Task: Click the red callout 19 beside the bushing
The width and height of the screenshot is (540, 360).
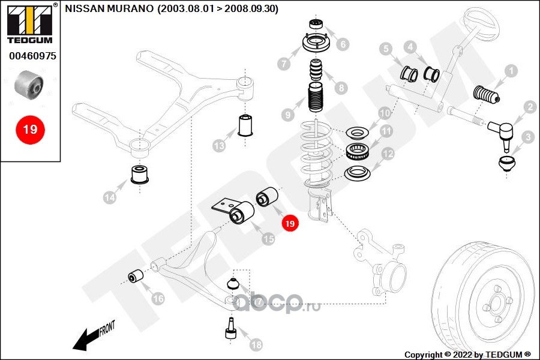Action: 290,224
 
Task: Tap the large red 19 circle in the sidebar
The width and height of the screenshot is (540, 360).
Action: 30,129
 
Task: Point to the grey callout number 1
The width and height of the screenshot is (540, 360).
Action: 511,71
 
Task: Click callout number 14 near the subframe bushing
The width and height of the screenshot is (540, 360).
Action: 110,197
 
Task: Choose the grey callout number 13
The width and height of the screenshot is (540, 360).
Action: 219,146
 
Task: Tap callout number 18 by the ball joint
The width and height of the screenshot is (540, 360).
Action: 256,344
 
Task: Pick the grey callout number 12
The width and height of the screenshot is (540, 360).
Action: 388,154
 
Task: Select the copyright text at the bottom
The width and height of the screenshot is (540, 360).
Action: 467,354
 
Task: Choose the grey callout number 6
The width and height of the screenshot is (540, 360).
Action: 343,44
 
